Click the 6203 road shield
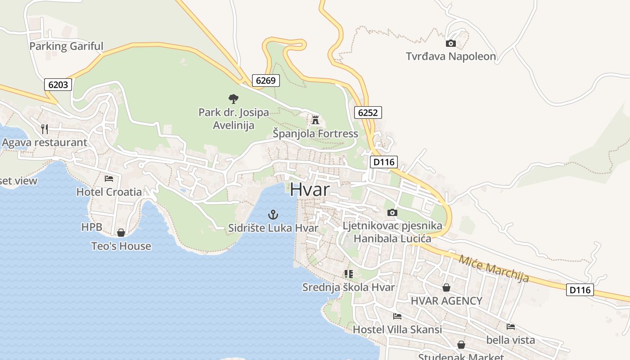pyautogui.click(x=58, y=84)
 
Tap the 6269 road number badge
pyautogui.click(x=265, y=81)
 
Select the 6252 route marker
pyautogui.click(x=368, y=112)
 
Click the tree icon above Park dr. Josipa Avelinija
pyautogui.click(x=233, y=99)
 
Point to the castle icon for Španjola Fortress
pyautogui.click(x=315, y=120)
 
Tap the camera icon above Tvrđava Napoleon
pyautogui.click(x=450, y=43)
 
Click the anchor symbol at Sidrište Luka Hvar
pyautogui.click(x=273, y=214)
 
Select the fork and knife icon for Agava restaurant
pyautogui.click(x=44, y=129)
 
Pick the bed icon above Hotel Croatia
pyautogui.click(x=109, y=178)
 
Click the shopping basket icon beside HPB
pyautogui.click(x=121, y=232)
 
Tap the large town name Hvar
pyautogui.click(x=310, y=189)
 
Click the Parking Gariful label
pyautogui.click(x=66, y=46)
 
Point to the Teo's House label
pyautogui.click(x=121, y=246)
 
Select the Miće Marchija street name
pyautogui.click(x=494, y=269)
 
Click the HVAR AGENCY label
pyautogui.click(x=446, y=301)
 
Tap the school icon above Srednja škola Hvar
pyautogui.click(x=348, y=274)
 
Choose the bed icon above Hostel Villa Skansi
pyautogui.click(x=397, y=316)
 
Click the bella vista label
pyautogui.click(x=510, y=339)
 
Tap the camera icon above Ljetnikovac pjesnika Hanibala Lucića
pyautogui.click(x=392, y=212)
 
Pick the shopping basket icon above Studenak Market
pyautogui.click(x=461, y=345)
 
